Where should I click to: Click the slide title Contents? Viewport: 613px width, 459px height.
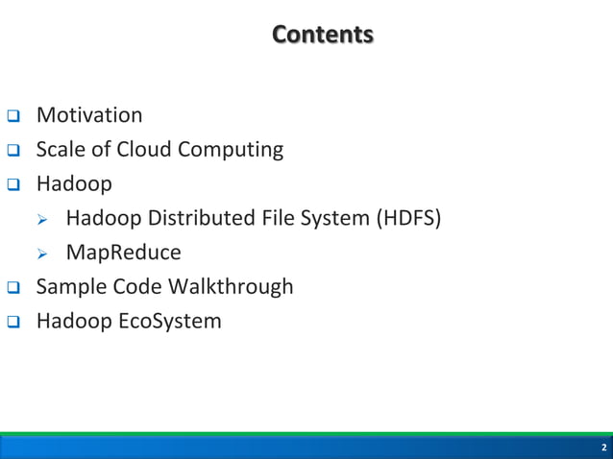[x=322, y=36]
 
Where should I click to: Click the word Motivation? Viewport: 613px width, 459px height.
[x=89, y=116]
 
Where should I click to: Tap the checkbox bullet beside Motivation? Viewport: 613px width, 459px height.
[x=13, y=117]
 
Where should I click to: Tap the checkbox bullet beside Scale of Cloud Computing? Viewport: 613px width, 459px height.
[x=13, y=152]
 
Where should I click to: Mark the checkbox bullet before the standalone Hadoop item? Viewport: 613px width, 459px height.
[x=13, y=184]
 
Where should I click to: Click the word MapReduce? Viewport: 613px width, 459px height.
[x=123, y=254]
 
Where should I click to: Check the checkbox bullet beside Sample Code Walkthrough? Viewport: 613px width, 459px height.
[x=13, y=288]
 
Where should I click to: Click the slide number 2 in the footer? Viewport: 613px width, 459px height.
[x=603, y=448]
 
